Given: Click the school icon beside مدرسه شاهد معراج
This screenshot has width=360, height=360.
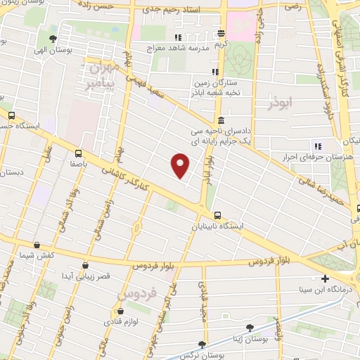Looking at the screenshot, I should click(178, 37).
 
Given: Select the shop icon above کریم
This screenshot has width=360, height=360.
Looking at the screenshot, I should click(221, 33).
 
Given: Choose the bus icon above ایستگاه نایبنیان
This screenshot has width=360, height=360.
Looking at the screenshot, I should click(217, 216).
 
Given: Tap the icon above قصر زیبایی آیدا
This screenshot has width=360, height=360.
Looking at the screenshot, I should click(86, 265).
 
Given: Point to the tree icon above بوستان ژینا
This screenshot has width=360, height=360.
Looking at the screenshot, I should click(250, 328).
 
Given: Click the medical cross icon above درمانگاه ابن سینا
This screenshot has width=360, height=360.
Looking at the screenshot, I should click(325, 278).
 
